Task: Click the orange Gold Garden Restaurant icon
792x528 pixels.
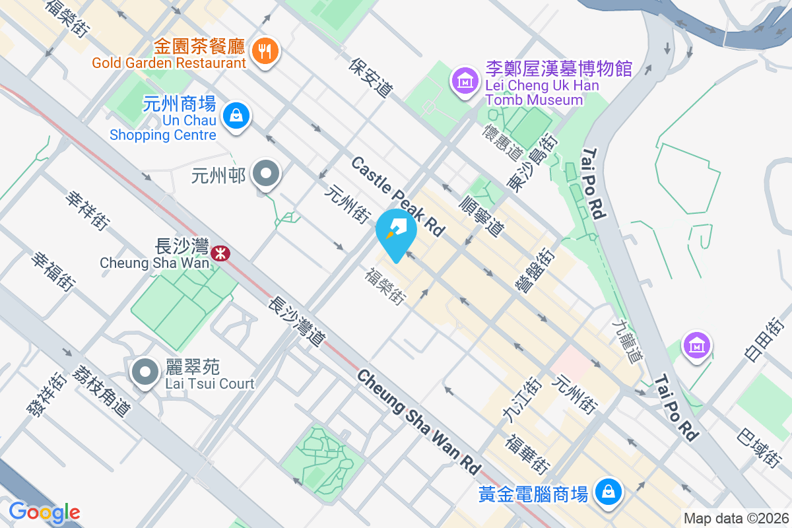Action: tap(265, 50)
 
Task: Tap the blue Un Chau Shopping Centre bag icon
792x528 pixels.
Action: tap(234, 116)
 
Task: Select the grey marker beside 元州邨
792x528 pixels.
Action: tap(267, 174)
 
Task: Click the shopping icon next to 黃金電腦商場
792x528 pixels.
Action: tap(606, 491)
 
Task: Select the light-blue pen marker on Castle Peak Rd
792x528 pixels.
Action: tap(396, 232)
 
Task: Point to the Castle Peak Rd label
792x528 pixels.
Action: tap(397, 196)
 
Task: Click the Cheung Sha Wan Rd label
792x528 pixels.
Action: tap(418, 420)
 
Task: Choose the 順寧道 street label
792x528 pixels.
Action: tap(481, 216)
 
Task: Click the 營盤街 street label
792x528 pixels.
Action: tap(533, 269)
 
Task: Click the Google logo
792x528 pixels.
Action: tap(44, 511)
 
